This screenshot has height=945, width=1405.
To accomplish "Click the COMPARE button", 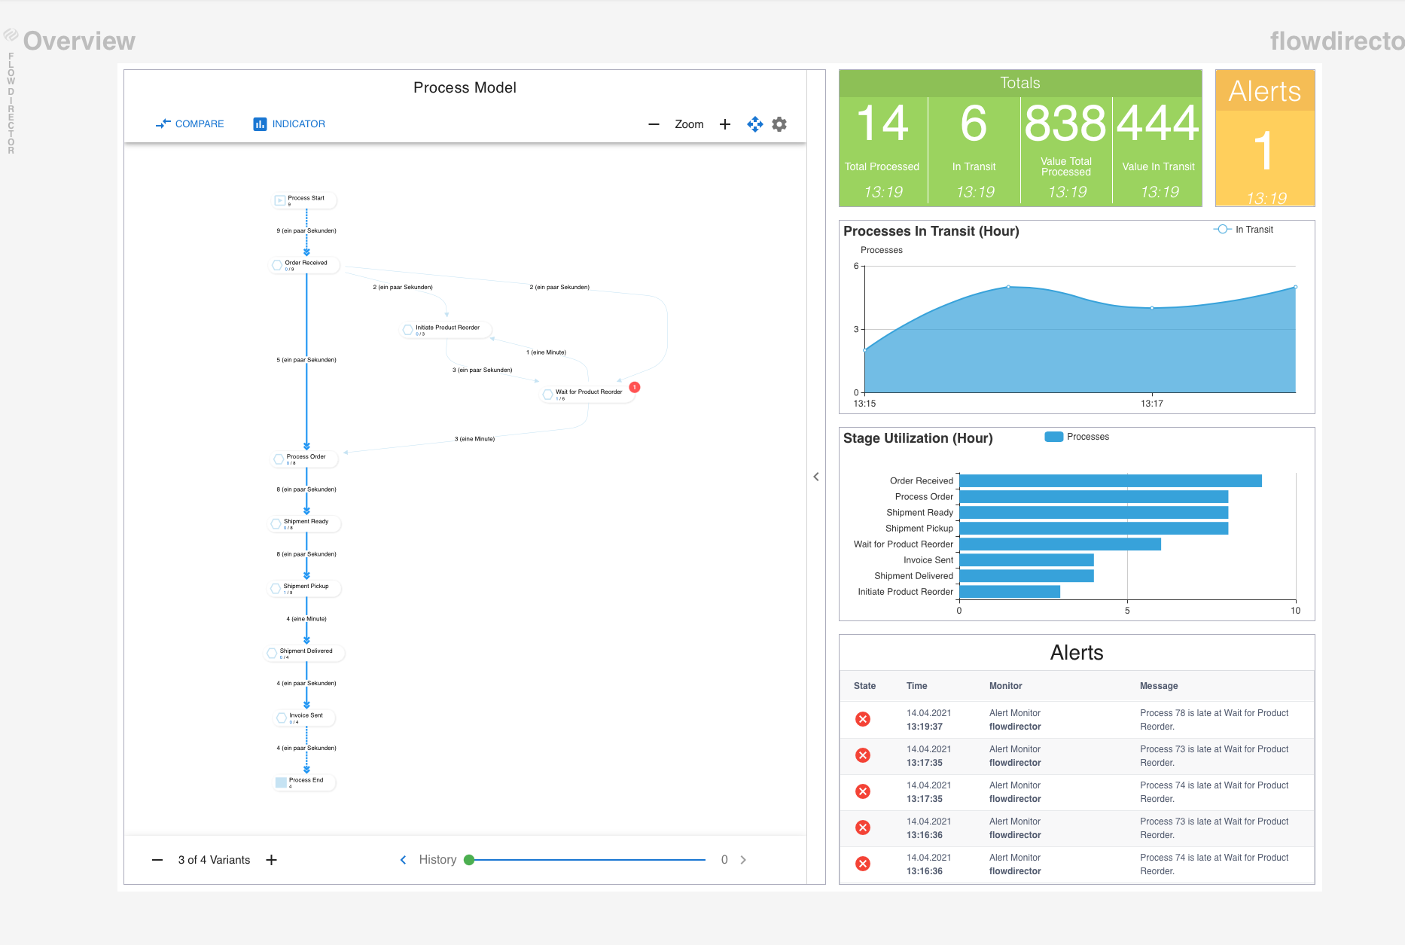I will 190,124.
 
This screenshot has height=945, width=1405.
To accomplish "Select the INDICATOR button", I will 289,124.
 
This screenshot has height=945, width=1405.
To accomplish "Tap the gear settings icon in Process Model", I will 779,124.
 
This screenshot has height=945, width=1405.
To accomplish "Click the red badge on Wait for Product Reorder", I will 635,387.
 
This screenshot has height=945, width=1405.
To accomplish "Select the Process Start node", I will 305,200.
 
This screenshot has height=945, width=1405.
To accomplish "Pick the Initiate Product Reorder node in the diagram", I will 446,329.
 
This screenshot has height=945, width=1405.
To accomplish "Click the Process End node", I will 305,782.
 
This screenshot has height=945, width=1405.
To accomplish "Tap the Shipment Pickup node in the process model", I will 305,587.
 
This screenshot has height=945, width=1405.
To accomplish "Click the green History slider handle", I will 469,860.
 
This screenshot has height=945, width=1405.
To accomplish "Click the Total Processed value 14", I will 882,124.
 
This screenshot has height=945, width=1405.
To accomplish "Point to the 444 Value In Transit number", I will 1158,124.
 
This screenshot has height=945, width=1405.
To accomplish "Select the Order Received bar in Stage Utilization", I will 1110,481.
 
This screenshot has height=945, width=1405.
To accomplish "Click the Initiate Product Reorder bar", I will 1009,592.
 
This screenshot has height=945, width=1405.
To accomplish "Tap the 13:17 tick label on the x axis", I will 1151,404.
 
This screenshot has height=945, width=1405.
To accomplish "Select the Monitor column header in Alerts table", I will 1005,686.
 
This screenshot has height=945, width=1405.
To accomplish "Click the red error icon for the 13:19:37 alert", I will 863,719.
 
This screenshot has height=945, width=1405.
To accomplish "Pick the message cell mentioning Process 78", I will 1214,719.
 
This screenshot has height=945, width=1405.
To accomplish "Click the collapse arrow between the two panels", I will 816,477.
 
